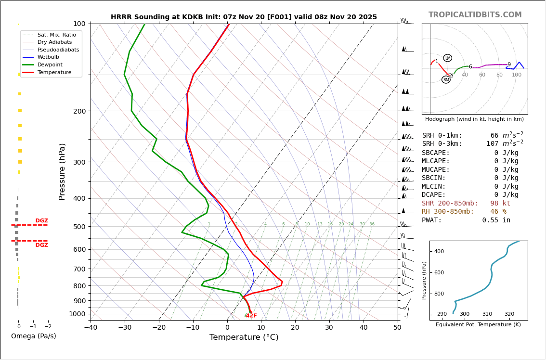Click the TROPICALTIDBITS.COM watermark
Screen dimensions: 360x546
click(475, 15)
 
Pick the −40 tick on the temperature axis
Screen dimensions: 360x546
click(91, 327)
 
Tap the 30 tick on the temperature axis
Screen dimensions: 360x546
click(329, 327)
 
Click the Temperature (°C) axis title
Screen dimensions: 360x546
click(244, 337)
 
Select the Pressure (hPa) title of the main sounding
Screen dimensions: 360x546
click(62, 171)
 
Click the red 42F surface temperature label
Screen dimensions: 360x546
click(251, 316)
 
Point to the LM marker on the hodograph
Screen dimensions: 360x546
click(447, 58)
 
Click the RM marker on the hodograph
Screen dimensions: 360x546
click(446, 79)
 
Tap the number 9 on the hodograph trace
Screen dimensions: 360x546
click(509, 64)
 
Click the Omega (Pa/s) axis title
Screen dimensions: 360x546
click(34, 336)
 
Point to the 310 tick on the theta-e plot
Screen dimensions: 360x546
click(487, 314)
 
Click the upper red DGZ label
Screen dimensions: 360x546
click(41, 221)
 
